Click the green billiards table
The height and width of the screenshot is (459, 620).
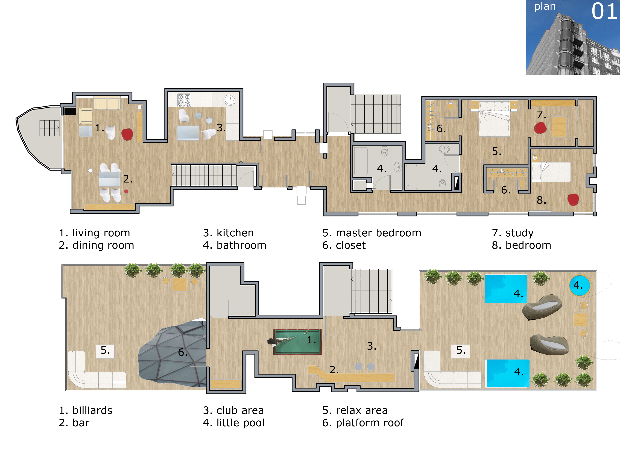(297, 342)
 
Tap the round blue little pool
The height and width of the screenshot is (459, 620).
(579, 285)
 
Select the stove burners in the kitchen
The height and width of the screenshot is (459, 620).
(184, 100)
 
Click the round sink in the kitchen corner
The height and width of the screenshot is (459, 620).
(230, 100)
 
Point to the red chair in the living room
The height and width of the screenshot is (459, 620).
(127, 134)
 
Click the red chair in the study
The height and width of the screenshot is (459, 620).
(540, 128)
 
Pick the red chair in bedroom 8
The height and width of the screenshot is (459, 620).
(573, 199)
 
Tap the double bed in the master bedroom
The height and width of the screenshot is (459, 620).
(494, 119)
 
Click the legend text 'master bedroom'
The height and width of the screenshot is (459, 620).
(379, 233)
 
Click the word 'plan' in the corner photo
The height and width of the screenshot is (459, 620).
(545, 6)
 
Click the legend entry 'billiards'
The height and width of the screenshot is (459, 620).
(92, 410)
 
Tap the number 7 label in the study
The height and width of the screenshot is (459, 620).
(541, 114)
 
